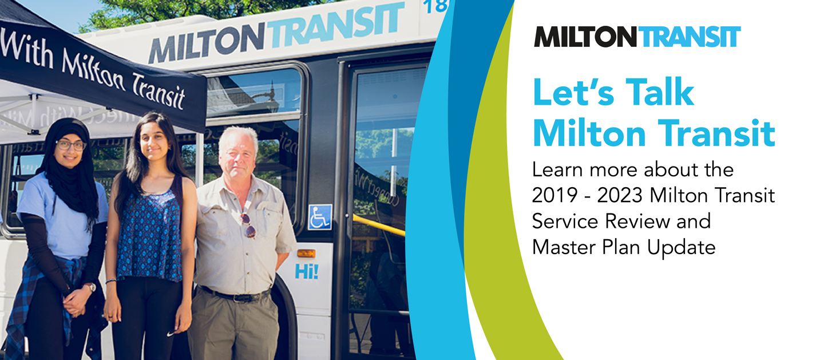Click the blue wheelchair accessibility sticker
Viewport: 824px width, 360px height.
pos(319,217)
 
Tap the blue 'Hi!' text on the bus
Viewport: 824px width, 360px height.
pos(307,271)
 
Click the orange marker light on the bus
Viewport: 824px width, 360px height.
pos(306,253)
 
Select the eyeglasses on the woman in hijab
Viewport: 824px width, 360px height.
pos(70,145)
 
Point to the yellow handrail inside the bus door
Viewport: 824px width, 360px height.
pos(378,226)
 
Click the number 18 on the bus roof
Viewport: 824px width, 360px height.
pos(437,7)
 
